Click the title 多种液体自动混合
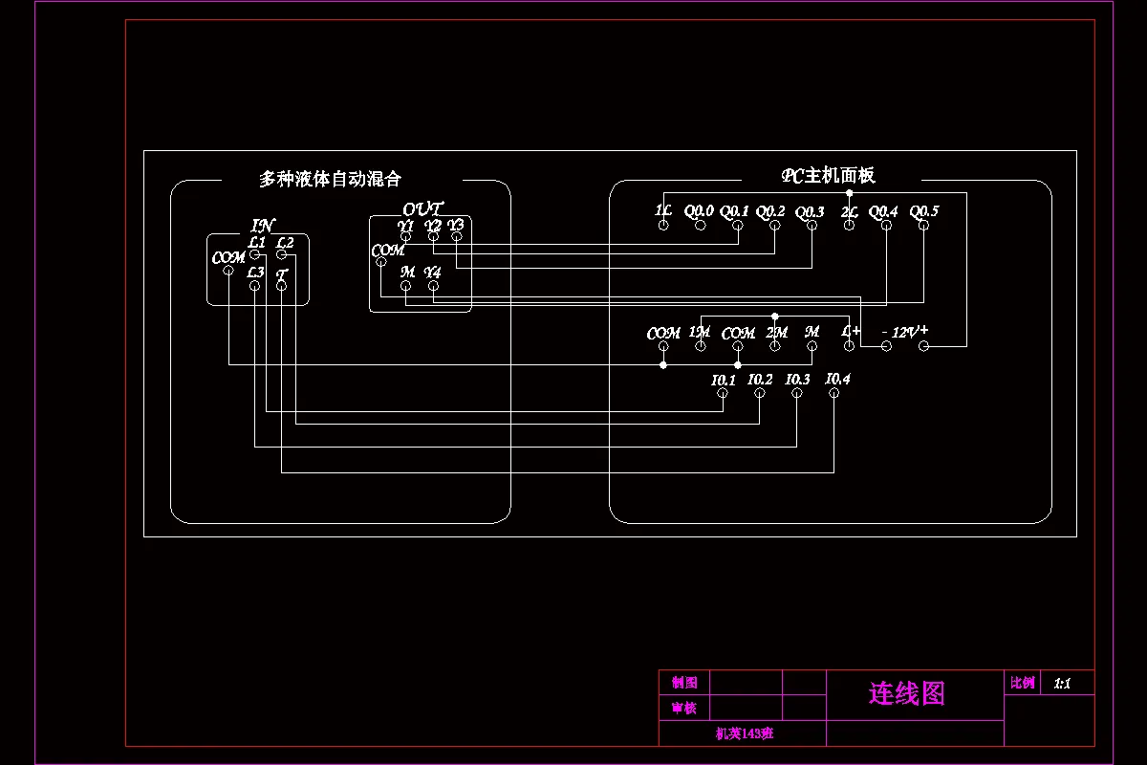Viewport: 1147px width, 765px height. pos(330,179)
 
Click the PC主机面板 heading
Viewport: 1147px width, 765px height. pos(828,175)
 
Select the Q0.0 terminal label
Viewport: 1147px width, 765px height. pos(699,210)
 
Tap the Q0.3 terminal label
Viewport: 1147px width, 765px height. pos(810,211)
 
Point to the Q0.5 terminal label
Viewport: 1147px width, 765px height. pos(923,210)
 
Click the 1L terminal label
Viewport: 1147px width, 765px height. pos(662,210)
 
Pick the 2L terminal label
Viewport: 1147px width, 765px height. pos(849,211)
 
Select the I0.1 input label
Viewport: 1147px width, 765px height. pos(724,380)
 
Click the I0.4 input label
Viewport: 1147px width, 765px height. pos(837,379)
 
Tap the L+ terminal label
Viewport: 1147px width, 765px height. pos(851,331)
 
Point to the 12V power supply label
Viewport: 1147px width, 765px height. pos(904,332)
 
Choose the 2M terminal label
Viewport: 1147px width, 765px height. pos(776,332)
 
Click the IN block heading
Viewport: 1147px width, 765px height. pos(262,226)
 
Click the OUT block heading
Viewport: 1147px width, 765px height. pos(422,208)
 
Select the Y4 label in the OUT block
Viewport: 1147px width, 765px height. pos(433,272)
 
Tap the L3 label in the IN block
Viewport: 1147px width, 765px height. pos(255,273)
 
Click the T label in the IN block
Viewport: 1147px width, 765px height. pos(282,274)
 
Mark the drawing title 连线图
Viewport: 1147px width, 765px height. pos(906,693)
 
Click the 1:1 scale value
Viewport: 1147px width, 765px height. pos(1062,683)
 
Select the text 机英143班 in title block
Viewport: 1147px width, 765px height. pos(744,733)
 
